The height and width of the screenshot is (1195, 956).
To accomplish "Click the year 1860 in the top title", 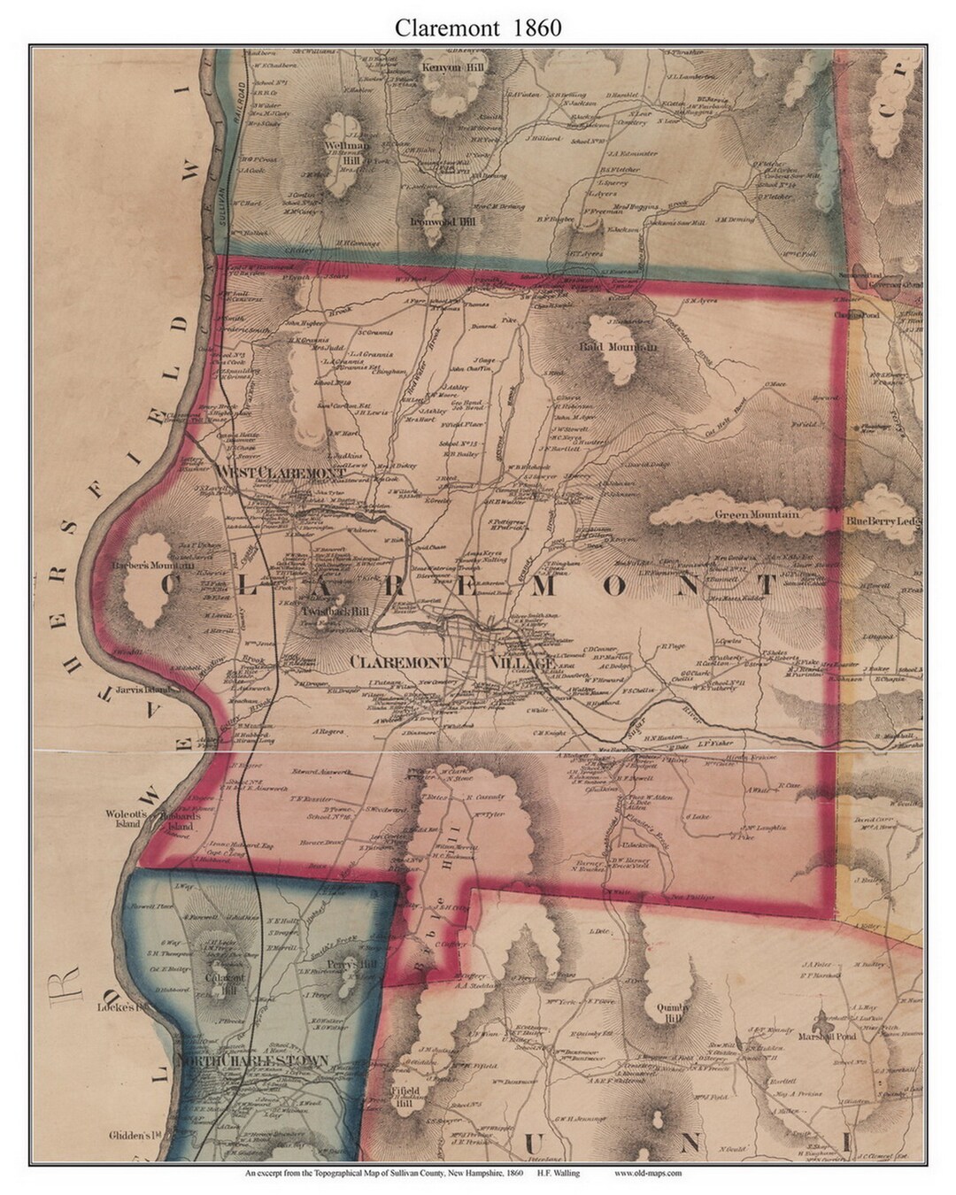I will [535, 27].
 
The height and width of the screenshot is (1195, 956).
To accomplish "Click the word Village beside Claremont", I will [525, 662].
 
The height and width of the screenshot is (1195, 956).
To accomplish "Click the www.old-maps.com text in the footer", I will [648, 1174].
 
